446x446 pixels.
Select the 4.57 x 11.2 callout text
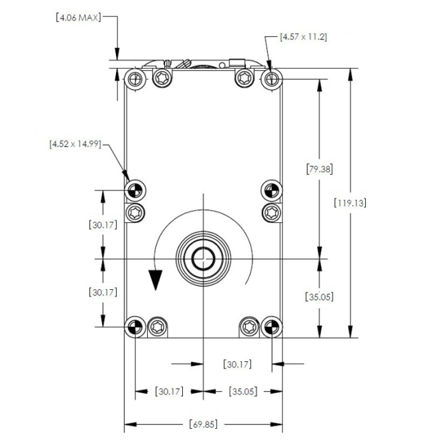coord(303,37)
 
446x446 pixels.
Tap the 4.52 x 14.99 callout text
coord(75,144)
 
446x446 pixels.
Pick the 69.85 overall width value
coord(203,424)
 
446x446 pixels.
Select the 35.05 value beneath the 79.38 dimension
coord(319,296)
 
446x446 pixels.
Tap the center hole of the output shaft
coord(203,258)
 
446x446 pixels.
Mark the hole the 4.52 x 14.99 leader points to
coord(134,189)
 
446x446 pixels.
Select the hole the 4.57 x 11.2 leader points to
coord(271,79)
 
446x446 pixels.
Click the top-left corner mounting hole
coord(134,79)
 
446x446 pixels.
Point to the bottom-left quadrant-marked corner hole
coord(134,327)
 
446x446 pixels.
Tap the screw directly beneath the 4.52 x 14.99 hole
coord(135,212)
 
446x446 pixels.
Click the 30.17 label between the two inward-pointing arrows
coord(238,364)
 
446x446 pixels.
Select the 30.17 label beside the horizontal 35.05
coord(169,391)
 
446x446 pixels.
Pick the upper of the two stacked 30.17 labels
coord(102,224)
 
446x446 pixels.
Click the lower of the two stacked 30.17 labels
coord(102,292)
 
